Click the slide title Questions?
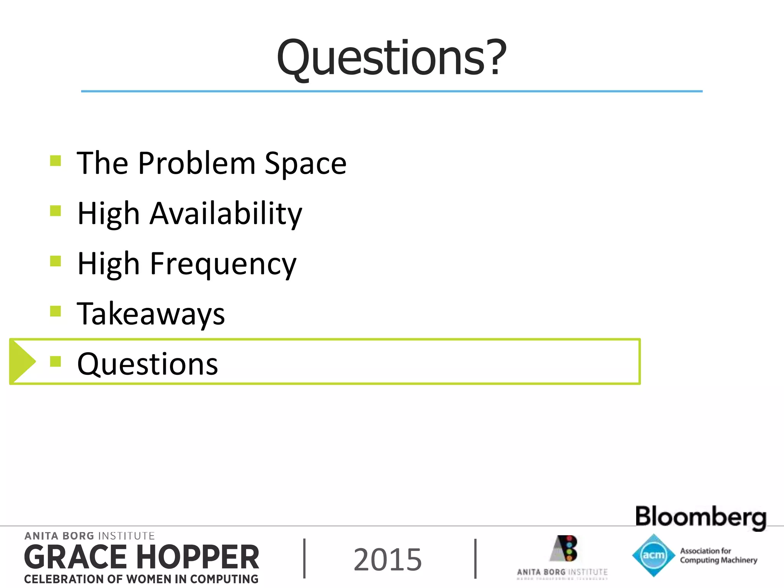391,58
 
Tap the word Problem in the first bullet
197,163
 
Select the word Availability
226,214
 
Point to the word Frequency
223,264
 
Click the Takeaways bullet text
151,314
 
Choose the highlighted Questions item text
147,364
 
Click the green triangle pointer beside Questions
22,361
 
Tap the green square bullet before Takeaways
56,311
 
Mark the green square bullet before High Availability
56,211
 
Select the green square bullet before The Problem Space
56,160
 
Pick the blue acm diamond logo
653,555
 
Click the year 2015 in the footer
387,560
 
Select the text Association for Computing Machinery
718,555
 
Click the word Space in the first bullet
305,163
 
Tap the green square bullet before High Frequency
56,261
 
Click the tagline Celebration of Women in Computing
141,579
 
